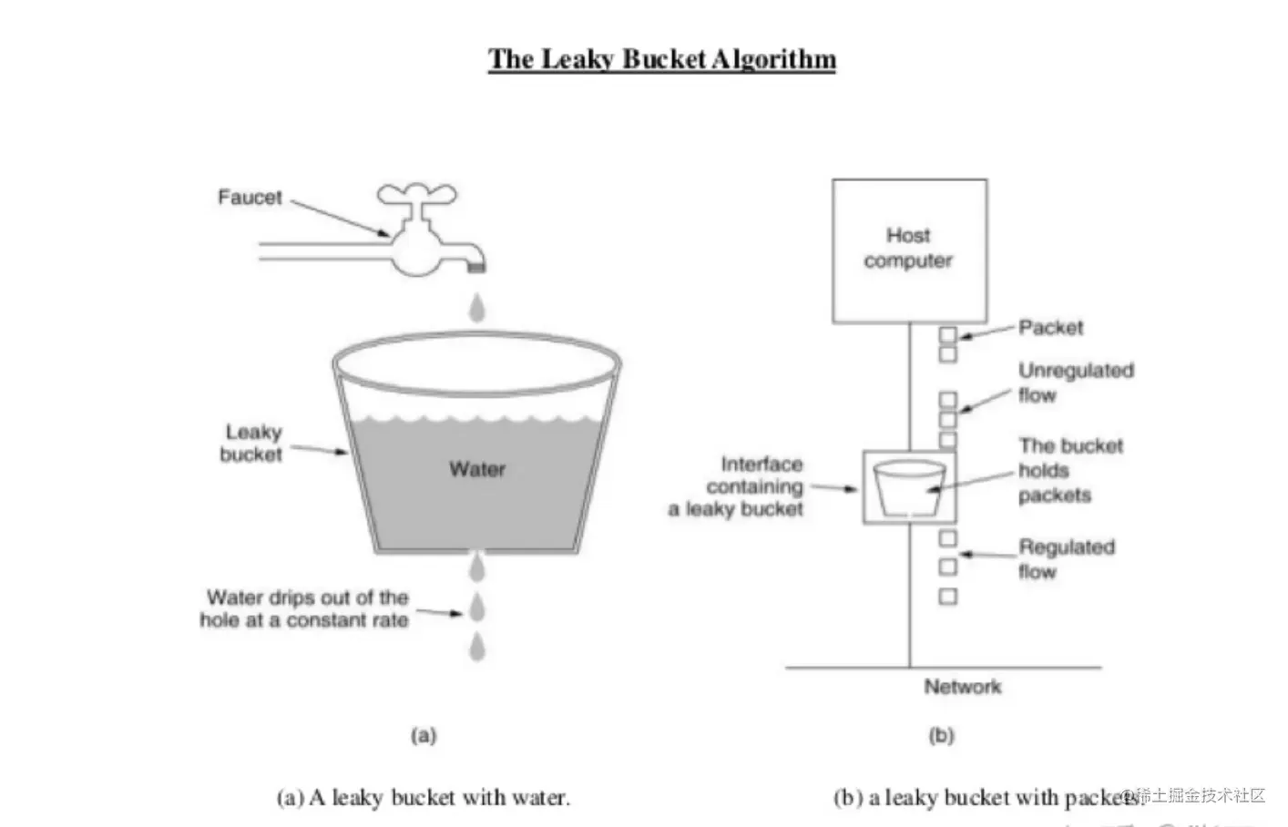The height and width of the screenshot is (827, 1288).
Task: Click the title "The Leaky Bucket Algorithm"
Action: click(661, 59)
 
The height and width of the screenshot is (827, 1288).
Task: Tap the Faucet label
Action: click(250, 197)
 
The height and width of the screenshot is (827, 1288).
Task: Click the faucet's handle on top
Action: click(416, 194)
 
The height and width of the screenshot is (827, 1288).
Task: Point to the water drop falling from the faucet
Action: click(476, 307)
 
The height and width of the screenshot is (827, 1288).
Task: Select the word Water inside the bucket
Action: click(476, 469)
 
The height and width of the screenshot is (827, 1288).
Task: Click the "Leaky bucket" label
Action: click(252, 443)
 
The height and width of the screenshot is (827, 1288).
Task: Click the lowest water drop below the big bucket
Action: click(476, 647)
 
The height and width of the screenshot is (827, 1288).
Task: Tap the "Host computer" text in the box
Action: click(908, 248)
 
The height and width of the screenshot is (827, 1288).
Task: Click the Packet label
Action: click(1050, 327)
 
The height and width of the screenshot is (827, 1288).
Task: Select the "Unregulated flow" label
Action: click(1075, 383)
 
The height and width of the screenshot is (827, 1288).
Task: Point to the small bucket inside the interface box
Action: click(909, 487)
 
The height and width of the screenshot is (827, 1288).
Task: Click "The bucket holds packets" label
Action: click(1069, 470)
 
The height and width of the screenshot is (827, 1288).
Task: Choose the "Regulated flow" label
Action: click(1065, 559)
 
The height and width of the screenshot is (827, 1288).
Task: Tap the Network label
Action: click(962, 687)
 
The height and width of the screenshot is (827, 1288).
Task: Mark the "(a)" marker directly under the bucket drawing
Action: click(424, 735)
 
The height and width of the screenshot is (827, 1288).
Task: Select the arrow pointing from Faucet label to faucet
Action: click(342, 219)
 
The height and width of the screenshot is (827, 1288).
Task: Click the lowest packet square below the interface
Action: click(947, 597)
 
